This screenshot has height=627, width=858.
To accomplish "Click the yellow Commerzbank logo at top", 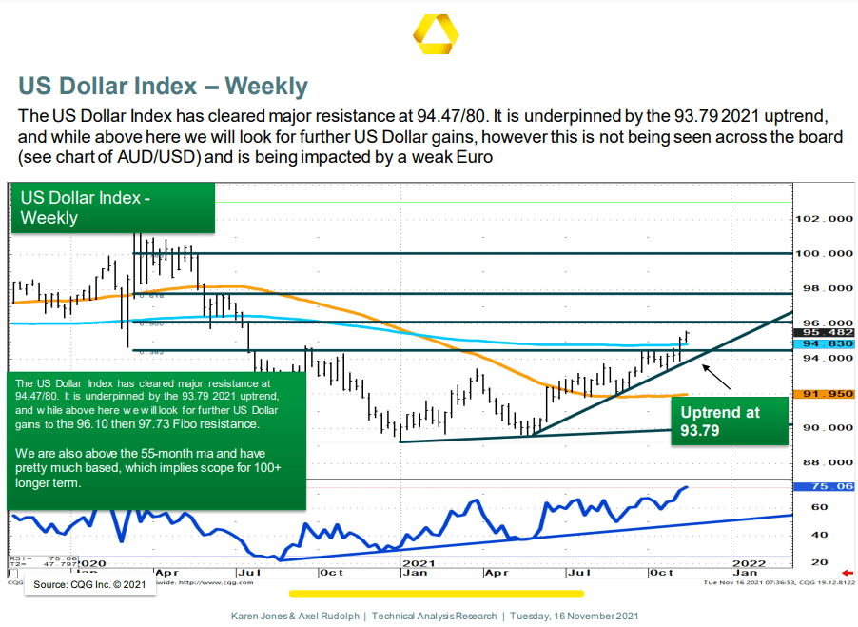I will (x=436, y=35).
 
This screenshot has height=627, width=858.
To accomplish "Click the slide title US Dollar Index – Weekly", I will (x=163, y=87).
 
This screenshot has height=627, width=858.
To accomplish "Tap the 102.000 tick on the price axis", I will (x=823, y=219).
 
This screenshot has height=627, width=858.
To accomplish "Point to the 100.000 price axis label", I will (x=823, y=254).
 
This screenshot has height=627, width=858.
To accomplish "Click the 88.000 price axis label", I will (x=823, y=463).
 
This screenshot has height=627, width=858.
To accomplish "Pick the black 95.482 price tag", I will (x=824, y=333).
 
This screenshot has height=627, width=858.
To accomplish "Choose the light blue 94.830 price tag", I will (x=824, y=343).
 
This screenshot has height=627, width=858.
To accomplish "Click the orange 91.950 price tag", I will (x=824, y=392).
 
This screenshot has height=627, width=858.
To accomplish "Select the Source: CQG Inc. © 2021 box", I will (x=90, y=584).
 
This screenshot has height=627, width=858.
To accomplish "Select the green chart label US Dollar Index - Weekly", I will (x=87, y=208).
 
